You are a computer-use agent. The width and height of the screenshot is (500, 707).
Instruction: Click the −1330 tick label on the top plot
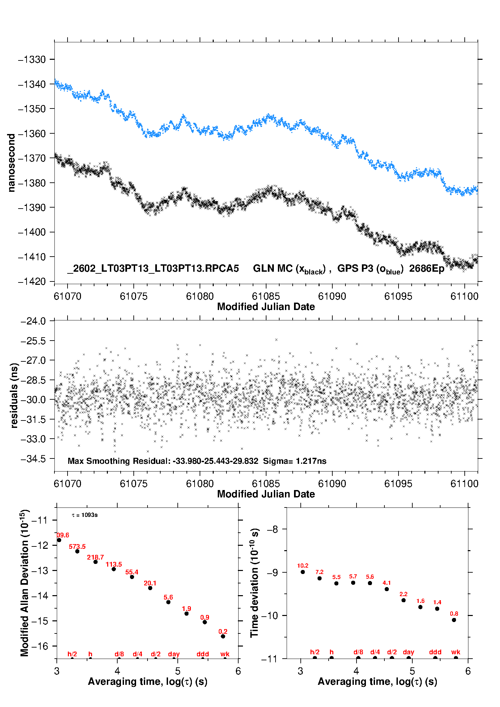(x=32, y=59)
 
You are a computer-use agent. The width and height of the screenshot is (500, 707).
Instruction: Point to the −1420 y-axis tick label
(x=32, y=281)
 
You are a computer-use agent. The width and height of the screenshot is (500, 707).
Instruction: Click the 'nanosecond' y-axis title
(x=11, y=163)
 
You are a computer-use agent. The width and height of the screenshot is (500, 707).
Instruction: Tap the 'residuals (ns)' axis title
(x=14, y=395)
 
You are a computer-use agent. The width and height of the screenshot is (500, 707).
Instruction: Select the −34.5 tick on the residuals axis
(x=33, y=459)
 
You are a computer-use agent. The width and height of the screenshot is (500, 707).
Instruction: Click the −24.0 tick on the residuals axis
(x=33, y=321)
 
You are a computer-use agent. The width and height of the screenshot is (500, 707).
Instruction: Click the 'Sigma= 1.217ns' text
(x=294, y=461)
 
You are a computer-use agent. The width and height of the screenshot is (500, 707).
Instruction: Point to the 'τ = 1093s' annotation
(x=85, y=515)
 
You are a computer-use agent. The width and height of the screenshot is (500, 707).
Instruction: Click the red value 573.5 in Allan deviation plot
(x=77, y=546)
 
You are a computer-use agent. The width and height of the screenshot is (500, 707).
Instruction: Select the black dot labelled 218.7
(x=95, y=562)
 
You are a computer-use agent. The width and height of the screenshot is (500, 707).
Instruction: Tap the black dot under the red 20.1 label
(x=150, y=588)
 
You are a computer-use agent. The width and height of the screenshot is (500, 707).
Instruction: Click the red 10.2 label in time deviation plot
(x=302, y=566)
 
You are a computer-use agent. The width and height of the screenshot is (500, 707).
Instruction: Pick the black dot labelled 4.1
(x=387, y=589)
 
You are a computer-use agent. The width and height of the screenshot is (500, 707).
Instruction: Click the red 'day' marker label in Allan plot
(x=174, y=654)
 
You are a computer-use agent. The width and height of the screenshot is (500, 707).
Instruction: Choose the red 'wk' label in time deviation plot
(x=456, y=652)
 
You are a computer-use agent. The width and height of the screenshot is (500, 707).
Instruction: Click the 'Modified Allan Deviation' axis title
(x=25, y=583)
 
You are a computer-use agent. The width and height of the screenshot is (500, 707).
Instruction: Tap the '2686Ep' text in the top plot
(x=426, y=268)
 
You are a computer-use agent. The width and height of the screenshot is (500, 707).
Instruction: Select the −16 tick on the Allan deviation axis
(x=40, y=646)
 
